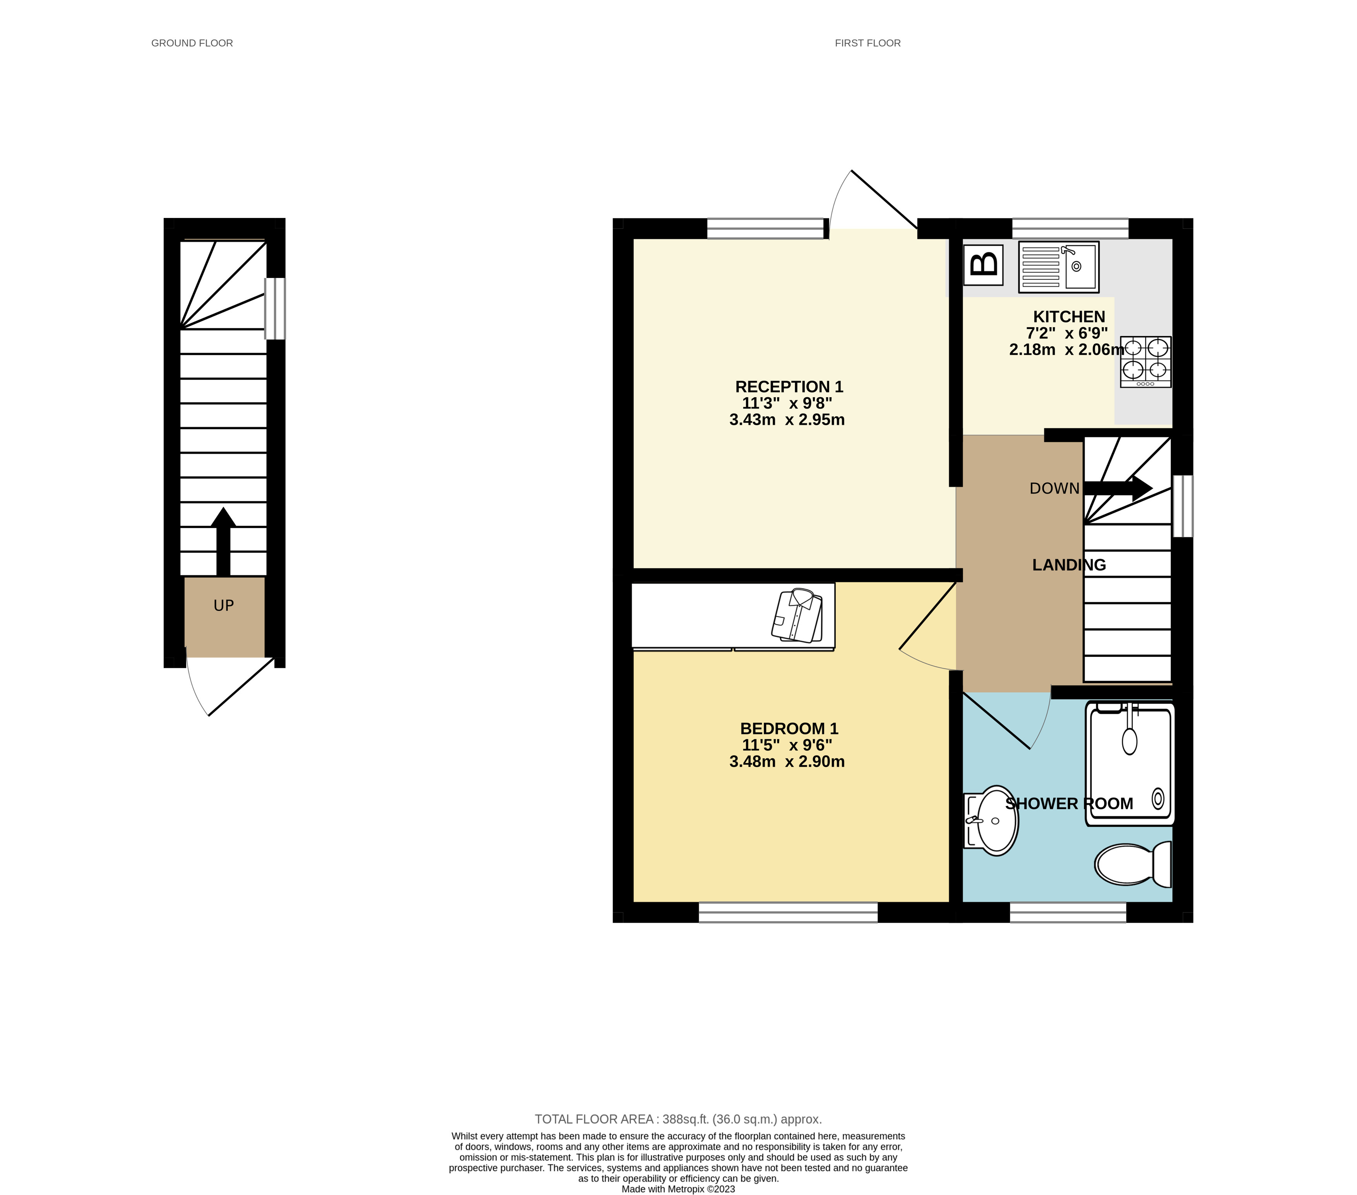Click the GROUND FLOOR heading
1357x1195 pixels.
(x=192, y=43)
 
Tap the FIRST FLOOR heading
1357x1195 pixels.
(x=867, y=43)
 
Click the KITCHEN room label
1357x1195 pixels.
(x=1069, y=317)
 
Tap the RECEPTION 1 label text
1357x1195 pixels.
(x=789, y=387)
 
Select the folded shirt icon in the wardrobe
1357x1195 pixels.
(x=797, y=616)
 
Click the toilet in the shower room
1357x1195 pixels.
(x=1133, y=864)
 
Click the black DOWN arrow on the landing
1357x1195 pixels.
(x=1118, y=488)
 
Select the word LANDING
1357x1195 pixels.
(x=1069, y=565)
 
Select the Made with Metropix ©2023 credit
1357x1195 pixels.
(x=678, y=1189)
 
